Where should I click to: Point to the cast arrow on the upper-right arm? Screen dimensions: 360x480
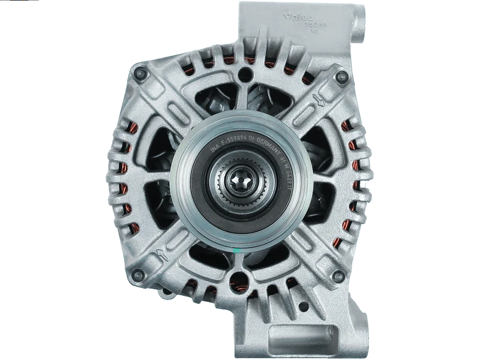click(312, 103)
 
